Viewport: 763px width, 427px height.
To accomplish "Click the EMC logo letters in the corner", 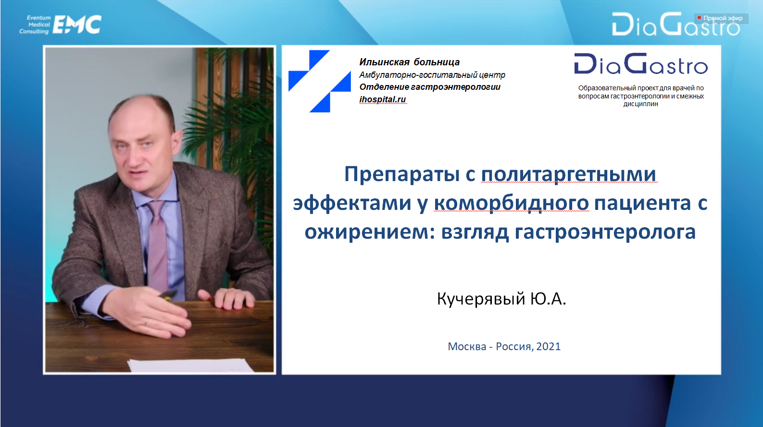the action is click(x=77, y=24).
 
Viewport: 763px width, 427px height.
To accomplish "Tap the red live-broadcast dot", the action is click(x=699, y=18).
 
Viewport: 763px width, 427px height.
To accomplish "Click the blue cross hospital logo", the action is click(x=320, y=81).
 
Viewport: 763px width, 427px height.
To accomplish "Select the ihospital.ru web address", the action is click(x=383, y=99).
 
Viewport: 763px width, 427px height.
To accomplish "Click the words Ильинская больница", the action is click(x=410, y=62).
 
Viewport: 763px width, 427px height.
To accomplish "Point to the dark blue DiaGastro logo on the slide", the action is click(x=641, y=63).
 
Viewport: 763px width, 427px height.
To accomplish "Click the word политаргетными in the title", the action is click(x=568, y=174).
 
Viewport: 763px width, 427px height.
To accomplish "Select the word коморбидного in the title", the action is click(x=511, y=204).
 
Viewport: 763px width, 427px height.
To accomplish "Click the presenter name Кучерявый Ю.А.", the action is click(x=501, y=299).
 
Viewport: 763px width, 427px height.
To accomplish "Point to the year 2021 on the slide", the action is click(x=549, y=346).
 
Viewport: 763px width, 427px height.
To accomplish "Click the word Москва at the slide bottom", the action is click(x=467, y=346).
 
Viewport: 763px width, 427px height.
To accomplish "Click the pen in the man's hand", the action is click(x=166, y=295).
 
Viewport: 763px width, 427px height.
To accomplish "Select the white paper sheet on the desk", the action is click(x=191, y=365).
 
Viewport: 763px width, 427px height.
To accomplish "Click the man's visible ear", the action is click(x=177, y=143).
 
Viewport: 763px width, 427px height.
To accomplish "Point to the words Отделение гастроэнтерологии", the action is click(x=430, y=87).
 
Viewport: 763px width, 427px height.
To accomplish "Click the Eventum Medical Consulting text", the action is click(x=35, y=24).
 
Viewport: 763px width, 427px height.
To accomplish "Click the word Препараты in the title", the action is click(x=402, y=174).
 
